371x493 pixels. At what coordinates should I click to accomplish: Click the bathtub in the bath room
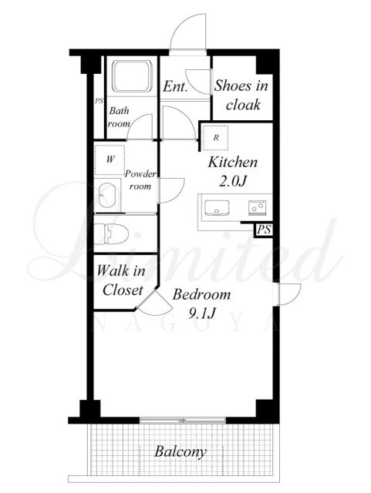click(x=132, y=76)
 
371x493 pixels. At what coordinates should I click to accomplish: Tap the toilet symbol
click(x=112, y=233)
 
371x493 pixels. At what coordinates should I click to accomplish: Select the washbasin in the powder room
click(x=106, y=195)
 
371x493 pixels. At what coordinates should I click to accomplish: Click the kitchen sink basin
click(x=217, y=207)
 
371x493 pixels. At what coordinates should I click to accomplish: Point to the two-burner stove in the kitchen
click(x=258, y=207)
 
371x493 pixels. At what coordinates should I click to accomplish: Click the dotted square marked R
click(x=215, y=138)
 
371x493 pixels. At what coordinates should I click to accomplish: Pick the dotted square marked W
click(x=110, y=159)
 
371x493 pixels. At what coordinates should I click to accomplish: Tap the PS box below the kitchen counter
click(x=264, y=230)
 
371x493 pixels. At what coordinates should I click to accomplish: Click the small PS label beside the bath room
click(x=99, y=101)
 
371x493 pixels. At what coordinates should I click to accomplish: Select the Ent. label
click(x=175, y=86)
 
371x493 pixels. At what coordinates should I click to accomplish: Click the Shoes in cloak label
click(x=241, y=95)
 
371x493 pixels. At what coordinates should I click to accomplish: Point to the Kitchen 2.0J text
click(x=233, y=171)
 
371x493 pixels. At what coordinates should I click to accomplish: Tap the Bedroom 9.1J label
click(x=201, y=304)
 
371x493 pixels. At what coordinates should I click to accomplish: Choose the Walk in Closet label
click(x=120, y=280)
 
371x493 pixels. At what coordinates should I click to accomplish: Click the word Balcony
click(x=180, y=452)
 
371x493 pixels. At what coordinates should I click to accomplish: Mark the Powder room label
click(x=140, y=180)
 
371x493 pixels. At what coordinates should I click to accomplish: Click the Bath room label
click(x=119, y=117)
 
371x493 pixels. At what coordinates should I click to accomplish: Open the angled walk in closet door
click(x=154, y=303)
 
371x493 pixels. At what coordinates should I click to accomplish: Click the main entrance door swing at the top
click(x=188, y=32)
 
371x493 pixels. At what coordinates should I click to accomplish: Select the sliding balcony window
click(x=183, y=420)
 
